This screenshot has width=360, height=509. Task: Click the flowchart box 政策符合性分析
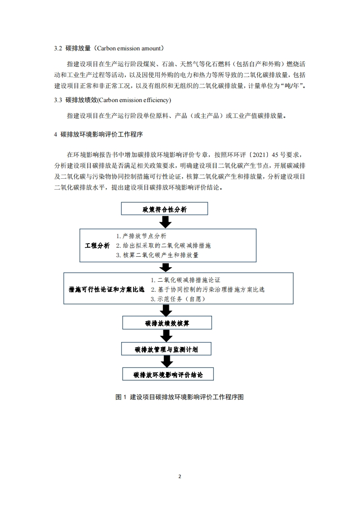tap(164, 209)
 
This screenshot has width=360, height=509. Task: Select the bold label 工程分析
tap(97, 245)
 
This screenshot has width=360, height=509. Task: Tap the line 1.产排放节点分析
tap(141, 236)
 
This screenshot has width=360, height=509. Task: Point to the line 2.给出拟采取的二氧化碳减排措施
tap(163, 245)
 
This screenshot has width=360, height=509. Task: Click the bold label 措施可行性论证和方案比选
tap(106, 289)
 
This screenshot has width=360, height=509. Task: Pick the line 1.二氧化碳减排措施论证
tap(186, 280)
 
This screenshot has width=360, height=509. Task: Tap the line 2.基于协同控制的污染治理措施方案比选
tap(207, 289)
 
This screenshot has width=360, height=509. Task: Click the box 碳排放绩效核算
tap(167, 323)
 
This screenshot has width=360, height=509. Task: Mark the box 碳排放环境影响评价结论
tap(167, 375)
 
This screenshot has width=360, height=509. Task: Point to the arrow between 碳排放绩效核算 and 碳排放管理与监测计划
tap(167, 336)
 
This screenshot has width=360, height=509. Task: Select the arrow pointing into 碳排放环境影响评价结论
tap(167, 362)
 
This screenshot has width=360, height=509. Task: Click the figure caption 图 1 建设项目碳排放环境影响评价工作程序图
tap(180, 397)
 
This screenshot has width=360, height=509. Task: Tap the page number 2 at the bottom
tap(180, 476)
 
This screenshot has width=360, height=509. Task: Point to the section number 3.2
tap(58, 48)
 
